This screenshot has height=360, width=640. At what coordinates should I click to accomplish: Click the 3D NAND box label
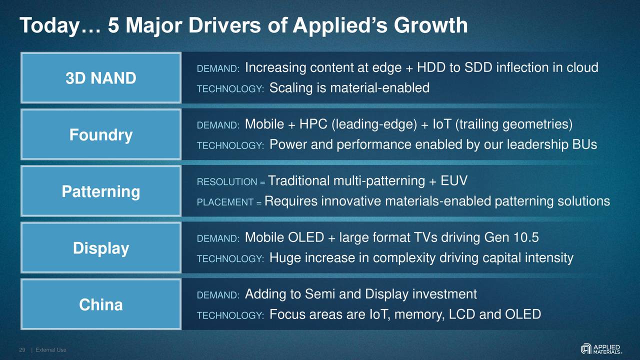[x=100, y=78]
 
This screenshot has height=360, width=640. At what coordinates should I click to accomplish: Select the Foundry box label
[x=100, y=135]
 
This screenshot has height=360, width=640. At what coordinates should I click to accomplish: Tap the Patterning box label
[x=100, y=191]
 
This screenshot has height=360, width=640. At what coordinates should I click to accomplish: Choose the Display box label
[x=100, y=248]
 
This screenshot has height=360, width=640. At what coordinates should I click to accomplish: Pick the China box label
[x=100, y=305]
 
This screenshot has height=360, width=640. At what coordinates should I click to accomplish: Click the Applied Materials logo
[x=601, y=348]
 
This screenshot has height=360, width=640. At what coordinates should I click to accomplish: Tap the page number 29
[x=22, y=350]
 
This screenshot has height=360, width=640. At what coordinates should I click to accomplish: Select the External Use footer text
[x=51, y=350]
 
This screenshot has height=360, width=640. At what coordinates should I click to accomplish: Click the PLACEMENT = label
[x=229, y=202]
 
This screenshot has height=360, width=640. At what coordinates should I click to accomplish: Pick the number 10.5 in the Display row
[x=526, y=237]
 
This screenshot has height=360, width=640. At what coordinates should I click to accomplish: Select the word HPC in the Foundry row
[x=313, y=124]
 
